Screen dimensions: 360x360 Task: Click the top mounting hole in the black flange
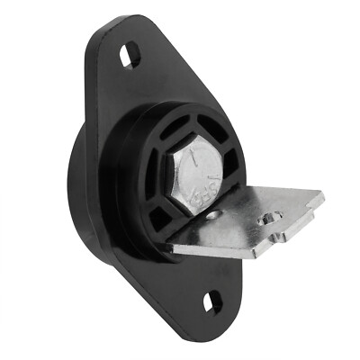130,56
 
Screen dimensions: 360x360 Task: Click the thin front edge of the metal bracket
225,247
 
